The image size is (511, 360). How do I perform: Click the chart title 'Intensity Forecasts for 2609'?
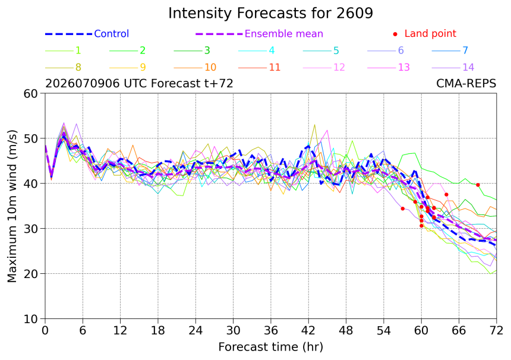(x=270, y=13)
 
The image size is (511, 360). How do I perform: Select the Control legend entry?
(x=87, y=33)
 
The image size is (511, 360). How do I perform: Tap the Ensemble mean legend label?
(x=283, y=33)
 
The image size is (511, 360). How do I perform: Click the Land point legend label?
(x=430, y=33)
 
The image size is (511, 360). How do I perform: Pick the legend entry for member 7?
(x=450, y=50)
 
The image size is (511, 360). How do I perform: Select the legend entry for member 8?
(x=63, y=68)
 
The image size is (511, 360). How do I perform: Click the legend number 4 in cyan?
(x=272, y=50)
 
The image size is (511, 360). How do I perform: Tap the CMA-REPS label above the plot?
(x=466, y=84)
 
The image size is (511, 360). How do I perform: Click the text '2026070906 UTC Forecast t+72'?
(x=139, y=84)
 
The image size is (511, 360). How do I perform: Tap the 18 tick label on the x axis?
(x=157, y=331)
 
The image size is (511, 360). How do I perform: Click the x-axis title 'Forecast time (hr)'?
(x=270, y=347)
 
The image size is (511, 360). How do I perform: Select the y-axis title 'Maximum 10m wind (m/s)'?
(x=12, y=206)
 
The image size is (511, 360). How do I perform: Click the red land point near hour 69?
(x=478, y=185)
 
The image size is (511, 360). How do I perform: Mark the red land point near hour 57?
(x=402, y=209)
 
